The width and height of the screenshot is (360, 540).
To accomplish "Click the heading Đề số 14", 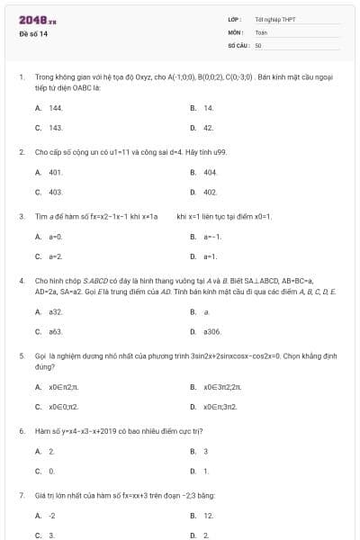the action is (x=34, y=33).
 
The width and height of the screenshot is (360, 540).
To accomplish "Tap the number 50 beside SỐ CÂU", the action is (x=258, y=44).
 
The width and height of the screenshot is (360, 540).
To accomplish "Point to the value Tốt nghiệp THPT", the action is (x=274, y=19).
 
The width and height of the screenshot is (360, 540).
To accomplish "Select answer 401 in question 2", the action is (x=55, y=171).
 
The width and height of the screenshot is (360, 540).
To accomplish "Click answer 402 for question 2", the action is (x=210, y=192).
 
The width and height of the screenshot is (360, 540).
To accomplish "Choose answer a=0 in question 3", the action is (x=55, y=236).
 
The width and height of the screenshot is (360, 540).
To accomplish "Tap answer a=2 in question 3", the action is (x=55, y=256).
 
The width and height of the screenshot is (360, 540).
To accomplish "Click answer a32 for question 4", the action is (x=56, y=311).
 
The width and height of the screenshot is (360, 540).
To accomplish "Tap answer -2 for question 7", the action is (x=52, y=516).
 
